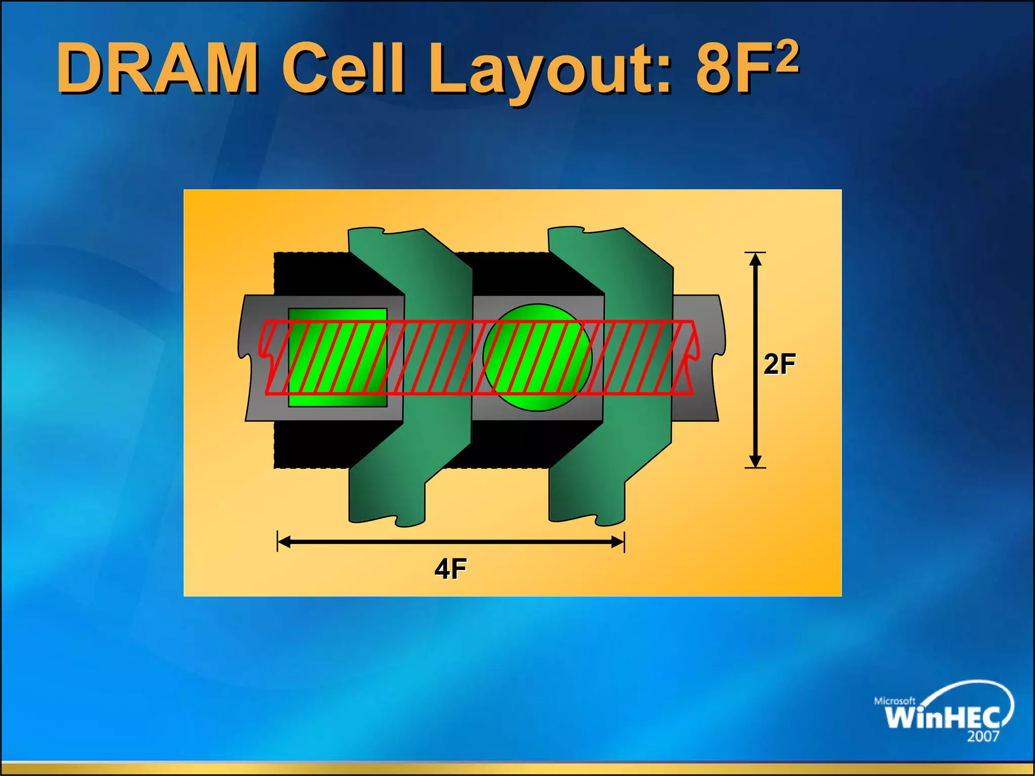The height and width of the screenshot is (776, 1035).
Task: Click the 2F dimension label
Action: (779, 364)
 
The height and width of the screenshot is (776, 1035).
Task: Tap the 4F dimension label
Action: (450, 569)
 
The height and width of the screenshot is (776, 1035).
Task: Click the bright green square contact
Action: (338, 357)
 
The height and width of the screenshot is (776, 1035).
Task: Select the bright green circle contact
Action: (537, 357)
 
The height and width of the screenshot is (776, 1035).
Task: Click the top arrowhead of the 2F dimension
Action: (755, 259)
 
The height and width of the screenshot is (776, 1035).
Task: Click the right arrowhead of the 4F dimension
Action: (618, 542)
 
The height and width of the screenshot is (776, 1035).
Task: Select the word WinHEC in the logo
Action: (942, 717)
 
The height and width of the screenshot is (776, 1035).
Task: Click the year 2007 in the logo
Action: (983, 737)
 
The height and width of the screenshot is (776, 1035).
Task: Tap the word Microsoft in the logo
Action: (895, 701)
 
